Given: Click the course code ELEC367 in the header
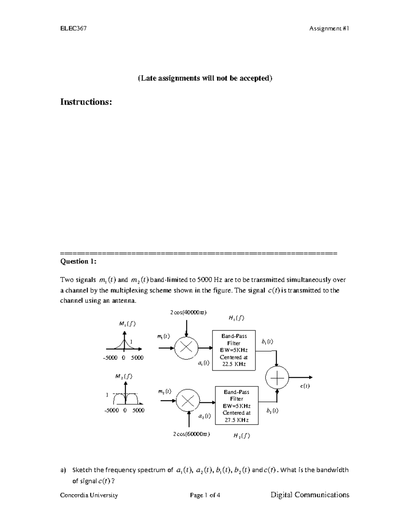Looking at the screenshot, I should point(73,29).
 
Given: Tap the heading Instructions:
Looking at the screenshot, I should point(86,102).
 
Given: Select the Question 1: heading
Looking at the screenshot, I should point(78,261).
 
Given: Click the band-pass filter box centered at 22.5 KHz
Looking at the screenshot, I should point(234,350).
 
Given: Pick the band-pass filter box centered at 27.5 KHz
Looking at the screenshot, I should point(236,406).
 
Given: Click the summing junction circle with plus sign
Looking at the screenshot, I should point(277,377).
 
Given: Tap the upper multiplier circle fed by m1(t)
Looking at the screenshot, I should point(186,348).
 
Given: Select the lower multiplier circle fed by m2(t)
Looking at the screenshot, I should point(188,401).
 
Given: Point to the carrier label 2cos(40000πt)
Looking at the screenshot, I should point(188,312).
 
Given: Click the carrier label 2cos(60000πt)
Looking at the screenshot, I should point(191,434).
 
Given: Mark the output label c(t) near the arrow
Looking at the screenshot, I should point(305,386).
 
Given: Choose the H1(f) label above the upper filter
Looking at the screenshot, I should point(236,318).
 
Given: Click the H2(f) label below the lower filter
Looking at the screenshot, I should point(242,436).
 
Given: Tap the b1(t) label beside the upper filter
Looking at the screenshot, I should point(267,342).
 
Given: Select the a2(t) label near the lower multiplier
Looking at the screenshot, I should point(204,416).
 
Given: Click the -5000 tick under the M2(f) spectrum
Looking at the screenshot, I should point(111,410).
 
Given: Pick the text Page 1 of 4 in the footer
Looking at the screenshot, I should point(205,495).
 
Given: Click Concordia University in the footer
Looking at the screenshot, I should point(89,495).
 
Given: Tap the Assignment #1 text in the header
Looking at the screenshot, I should point(329,29).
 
